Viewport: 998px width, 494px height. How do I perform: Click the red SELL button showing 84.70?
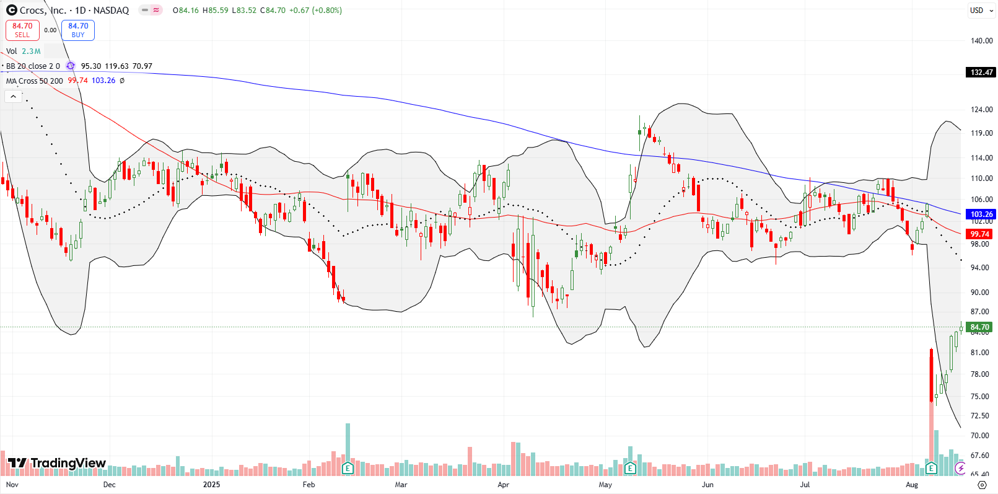[22, 30]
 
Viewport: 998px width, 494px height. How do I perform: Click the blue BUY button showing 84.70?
[78, 30]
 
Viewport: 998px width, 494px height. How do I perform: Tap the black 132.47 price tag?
[981, 73]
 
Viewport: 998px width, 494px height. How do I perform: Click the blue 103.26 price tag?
[981, 214]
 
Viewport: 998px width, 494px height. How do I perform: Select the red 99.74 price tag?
[979, 234]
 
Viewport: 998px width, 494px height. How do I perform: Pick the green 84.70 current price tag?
[979, 327]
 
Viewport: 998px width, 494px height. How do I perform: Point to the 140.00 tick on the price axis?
[981, 41]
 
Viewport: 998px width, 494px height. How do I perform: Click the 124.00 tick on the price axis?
[981, 110]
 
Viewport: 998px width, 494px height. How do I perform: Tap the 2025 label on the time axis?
[211, 485]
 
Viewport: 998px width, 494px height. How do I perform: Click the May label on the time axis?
[605, 485]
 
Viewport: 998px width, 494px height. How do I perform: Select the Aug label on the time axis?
[912, 485]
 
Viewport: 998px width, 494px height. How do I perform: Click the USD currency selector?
[977, 11]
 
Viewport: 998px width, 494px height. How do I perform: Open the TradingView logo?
[57, 463]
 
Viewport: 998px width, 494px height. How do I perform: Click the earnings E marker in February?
[348, 468]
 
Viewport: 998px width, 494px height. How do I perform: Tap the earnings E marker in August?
[930, 468]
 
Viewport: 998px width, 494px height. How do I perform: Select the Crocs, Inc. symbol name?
[43, 11]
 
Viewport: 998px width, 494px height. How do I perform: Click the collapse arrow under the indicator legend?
[13, 97]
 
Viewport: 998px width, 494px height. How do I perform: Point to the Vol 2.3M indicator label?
[24, 51]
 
